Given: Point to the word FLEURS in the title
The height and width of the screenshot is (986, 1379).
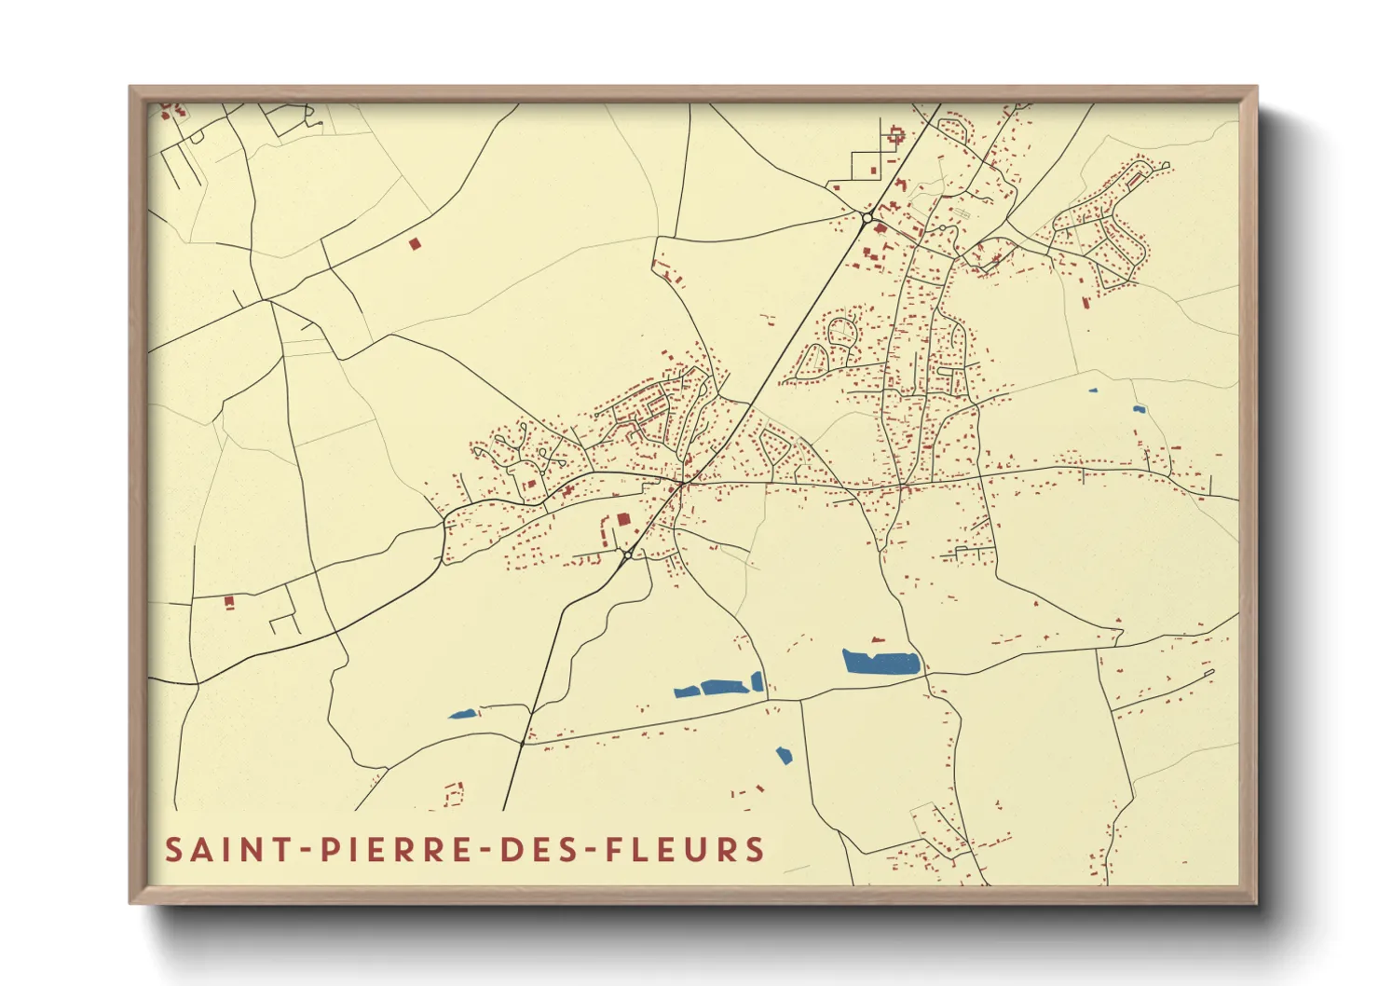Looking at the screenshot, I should (685, 850).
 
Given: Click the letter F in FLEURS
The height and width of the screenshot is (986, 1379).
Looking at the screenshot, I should (616, 850).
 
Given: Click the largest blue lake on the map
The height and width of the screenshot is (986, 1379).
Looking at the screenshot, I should (881, 663).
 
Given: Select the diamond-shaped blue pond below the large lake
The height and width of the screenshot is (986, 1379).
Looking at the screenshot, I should (784, 755).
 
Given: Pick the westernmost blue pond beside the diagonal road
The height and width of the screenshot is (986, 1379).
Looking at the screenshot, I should (463, 715).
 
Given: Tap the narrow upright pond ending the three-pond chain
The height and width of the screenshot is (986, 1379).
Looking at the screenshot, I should (758, 681).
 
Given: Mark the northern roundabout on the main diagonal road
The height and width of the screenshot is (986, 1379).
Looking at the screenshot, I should (867, 218).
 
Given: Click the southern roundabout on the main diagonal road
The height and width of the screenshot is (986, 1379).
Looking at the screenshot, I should (628, 555).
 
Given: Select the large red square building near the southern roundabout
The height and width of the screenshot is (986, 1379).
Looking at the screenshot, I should (623, 519).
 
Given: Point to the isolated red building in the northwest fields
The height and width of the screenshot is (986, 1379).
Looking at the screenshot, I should (415, 244).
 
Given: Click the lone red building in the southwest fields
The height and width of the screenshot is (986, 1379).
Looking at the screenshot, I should (229, 602).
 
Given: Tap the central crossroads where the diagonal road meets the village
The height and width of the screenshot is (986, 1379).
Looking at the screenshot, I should (683, 483).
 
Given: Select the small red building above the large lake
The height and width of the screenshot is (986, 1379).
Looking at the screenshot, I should (875, 640).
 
